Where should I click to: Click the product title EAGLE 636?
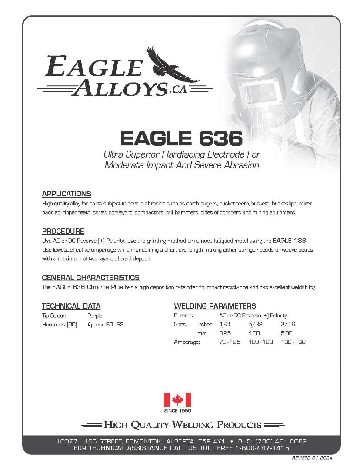(x=181, y=139)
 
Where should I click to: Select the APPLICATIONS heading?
(x=67, y=194)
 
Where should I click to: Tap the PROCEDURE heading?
(x=63, y=231)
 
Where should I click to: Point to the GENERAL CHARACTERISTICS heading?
(x=90, y=278)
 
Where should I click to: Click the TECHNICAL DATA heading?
(x=71, y=306)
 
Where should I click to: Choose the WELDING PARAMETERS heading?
(x=215, y=306)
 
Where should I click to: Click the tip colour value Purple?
(x=95, y=316)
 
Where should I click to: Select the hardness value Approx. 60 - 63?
(x=106, y=325)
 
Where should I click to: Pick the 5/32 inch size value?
(x=256, y=325)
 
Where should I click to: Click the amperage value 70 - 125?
(x=230, y=342)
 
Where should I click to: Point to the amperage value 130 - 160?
(x=293, y=342)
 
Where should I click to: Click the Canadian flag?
(x=177, y=399)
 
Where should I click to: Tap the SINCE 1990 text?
(x=177, y=410)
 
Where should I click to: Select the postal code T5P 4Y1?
(x=213, y=441)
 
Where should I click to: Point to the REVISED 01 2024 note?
(x=312, y=458)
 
